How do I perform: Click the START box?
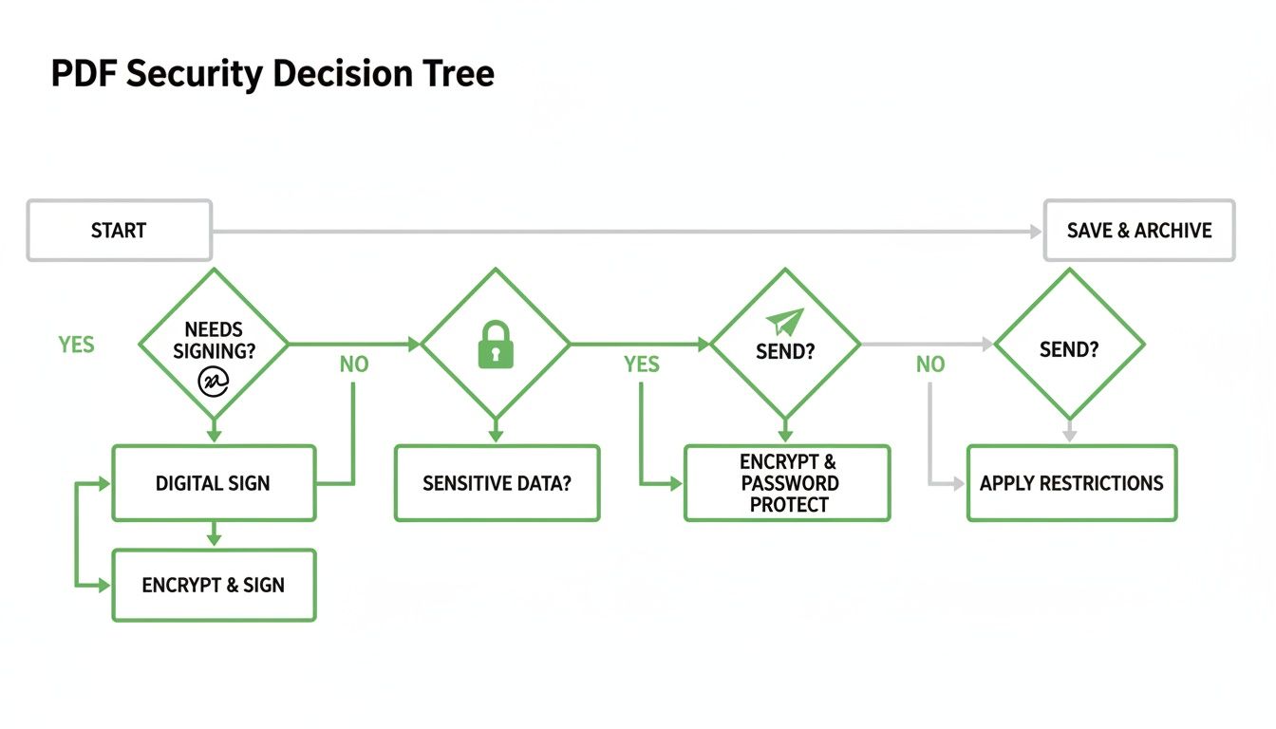point(119,231)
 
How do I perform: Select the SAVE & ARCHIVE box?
point(1138,231)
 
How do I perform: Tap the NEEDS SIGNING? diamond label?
point(214,340)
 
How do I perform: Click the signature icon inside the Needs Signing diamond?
point(214,381)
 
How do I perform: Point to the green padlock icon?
point(495,345)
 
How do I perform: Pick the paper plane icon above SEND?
point(786,322)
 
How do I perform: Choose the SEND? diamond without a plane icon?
point(1069,348)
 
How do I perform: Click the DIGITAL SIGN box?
point(214,483)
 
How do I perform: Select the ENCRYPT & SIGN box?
point(214,586)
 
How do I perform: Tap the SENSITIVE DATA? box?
point(497,483)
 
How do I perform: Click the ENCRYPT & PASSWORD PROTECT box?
point(787,483)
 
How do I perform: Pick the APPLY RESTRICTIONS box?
point(1071,483)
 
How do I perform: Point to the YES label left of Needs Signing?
point(76,345)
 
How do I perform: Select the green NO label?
point(354,364)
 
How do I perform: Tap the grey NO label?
point(930,364)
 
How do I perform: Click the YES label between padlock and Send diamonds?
point(642,364)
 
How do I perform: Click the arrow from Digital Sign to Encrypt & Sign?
point(214,534)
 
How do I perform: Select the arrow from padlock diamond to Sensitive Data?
point(495,430)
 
